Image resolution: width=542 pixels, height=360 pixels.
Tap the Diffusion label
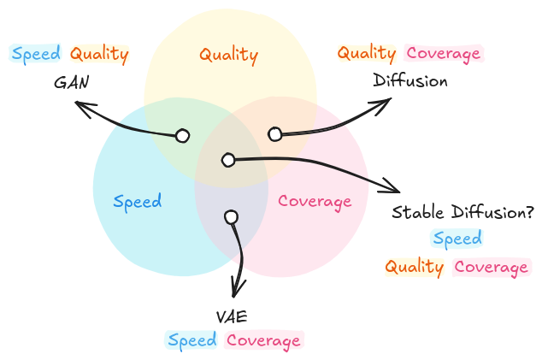click(x=410, y=81)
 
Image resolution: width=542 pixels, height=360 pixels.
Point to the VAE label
click(x=232, y=316)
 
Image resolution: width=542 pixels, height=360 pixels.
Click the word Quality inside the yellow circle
click(x=228, y=55)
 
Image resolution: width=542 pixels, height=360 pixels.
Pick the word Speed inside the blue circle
click(x=138, y=202)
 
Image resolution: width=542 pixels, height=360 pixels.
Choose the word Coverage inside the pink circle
click(x=315, y=202)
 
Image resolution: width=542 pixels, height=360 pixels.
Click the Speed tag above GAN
click(x=36, y=54)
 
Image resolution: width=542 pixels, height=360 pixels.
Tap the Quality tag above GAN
click(x=99, y=54)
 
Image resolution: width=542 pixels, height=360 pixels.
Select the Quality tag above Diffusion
click(x=367, y=53)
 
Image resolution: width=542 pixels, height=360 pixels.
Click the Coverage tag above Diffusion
click(x=444, y=53)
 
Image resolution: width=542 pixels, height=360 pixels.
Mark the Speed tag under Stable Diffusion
click(x=457, y=239)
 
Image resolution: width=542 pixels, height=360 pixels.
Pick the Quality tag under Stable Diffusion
click(x=415, y=267)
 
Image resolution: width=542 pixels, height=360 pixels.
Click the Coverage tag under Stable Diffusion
click(x=492, y=267)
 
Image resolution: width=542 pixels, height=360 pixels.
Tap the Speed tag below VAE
click(x=192, y=340)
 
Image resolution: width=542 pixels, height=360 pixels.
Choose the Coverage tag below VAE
click(x=263, y=340)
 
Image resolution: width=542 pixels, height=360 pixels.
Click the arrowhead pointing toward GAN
click(x=79, y=104)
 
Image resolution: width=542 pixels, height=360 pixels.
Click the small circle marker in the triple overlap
click(x=227, y=160)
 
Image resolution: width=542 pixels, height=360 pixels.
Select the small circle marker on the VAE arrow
click(x=230, y=217)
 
